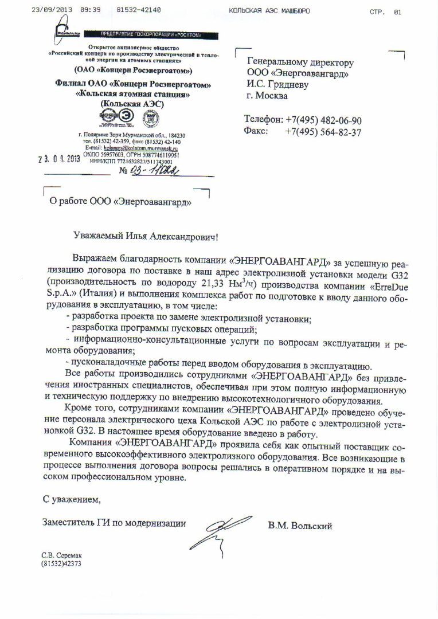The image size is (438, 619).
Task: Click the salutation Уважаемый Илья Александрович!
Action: coord(146,236)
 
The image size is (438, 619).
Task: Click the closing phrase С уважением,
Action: coord(71,500)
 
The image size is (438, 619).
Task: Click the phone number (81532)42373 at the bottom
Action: coord(61,563)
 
